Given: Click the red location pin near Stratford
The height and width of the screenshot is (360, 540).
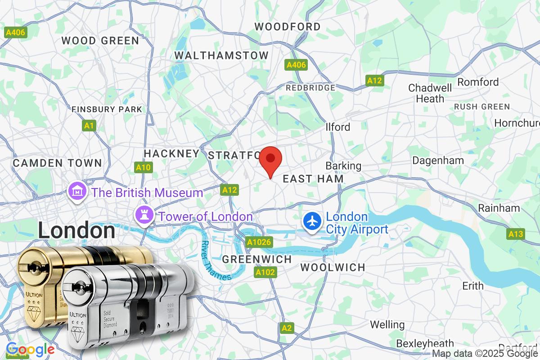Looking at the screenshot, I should click(x=270, y=160).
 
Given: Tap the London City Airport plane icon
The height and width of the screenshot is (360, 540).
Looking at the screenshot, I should click(x=312, y=221).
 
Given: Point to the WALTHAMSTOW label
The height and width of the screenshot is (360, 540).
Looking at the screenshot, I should click(x=221, y=55).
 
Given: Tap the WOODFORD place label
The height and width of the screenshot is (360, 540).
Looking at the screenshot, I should click(x=288, y=27).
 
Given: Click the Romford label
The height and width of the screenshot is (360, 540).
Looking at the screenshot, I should click(x=478, y=82).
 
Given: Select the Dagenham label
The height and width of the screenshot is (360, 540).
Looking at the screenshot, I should click(x=438, y=161).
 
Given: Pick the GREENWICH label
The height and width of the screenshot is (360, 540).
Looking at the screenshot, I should click(x=257, y=259).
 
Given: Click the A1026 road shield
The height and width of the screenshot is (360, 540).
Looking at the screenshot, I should click(x=259, y=243).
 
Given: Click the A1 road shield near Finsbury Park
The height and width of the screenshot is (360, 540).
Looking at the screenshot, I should click(x=89, y=126).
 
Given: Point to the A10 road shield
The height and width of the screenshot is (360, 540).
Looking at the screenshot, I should click(x=144, y=168).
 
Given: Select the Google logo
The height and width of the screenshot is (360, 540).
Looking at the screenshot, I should click(x=30, y=349).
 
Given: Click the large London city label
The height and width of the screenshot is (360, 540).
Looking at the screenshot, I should click(x=76, y=230).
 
